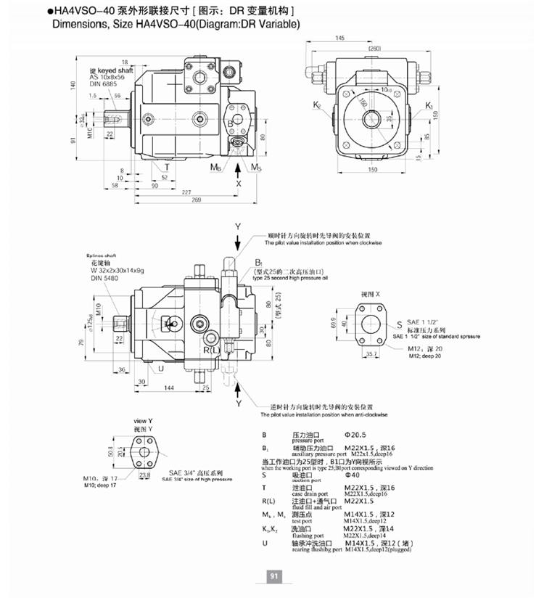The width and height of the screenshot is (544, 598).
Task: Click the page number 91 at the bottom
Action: (275, 576)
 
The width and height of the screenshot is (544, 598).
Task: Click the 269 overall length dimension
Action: (196, 200)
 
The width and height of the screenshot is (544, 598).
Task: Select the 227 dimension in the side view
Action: (186, 192)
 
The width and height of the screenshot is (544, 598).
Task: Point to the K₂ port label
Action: (317, 106)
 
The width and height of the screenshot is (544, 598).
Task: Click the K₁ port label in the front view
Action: (429, 106)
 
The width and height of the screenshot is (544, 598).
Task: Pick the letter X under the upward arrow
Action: (238, 184)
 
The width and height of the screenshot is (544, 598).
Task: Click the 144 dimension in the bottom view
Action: (168, 389)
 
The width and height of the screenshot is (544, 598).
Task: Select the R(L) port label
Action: (210, 351)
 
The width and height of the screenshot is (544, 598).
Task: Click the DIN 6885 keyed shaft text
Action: (103, 84)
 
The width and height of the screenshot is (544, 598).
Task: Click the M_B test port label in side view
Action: (215, 168)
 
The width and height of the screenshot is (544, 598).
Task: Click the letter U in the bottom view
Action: (160, 368)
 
